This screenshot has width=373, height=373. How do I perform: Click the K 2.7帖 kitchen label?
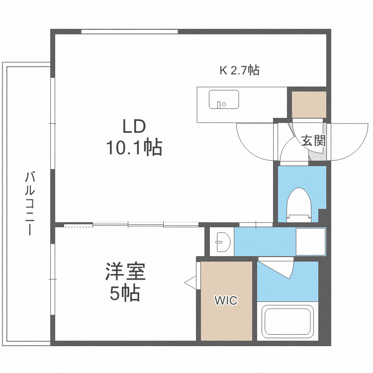point(240,71)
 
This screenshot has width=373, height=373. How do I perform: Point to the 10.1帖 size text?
point(134,147)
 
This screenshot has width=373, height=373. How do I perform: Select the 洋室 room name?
point(125,273)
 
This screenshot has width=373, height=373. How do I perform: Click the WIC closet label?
point(226,300)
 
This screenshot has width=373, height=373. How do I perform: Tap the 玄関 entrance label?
point(313,141)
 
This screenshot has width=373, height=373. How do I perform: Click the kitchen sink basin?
point(223,99)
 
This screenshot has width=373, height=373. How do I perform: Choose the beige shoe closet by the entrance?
point(309,104)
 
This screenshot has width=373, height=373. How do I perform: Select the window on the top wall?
point(129,32)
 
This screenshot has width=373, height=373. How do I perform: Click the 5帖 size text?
point(125,294)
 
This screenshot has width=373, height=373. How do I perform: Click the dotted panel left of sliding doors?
point(79,225)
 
